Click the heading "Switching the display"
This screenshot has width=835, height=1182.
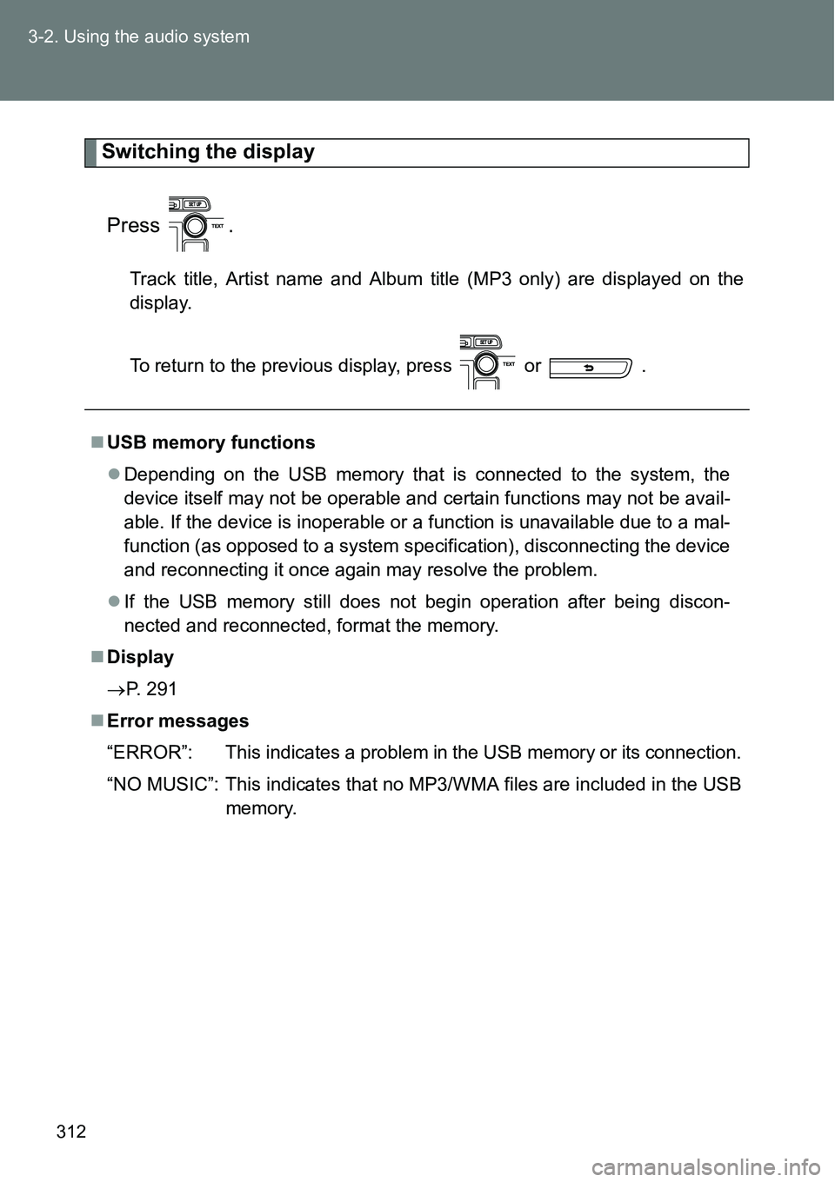pos(208,152)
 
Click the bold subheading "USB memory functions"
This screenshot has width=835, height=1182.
pos(210,442)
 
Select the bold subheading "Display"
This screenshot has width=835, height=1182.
pos(140,657)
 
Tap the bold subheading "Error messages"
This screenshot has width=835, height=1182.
pos(177,720)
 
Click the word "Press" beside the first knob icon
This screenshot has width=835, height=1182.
pos(133,226)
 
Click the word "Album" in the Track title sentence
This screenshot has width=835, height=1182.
pos(394,279)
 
